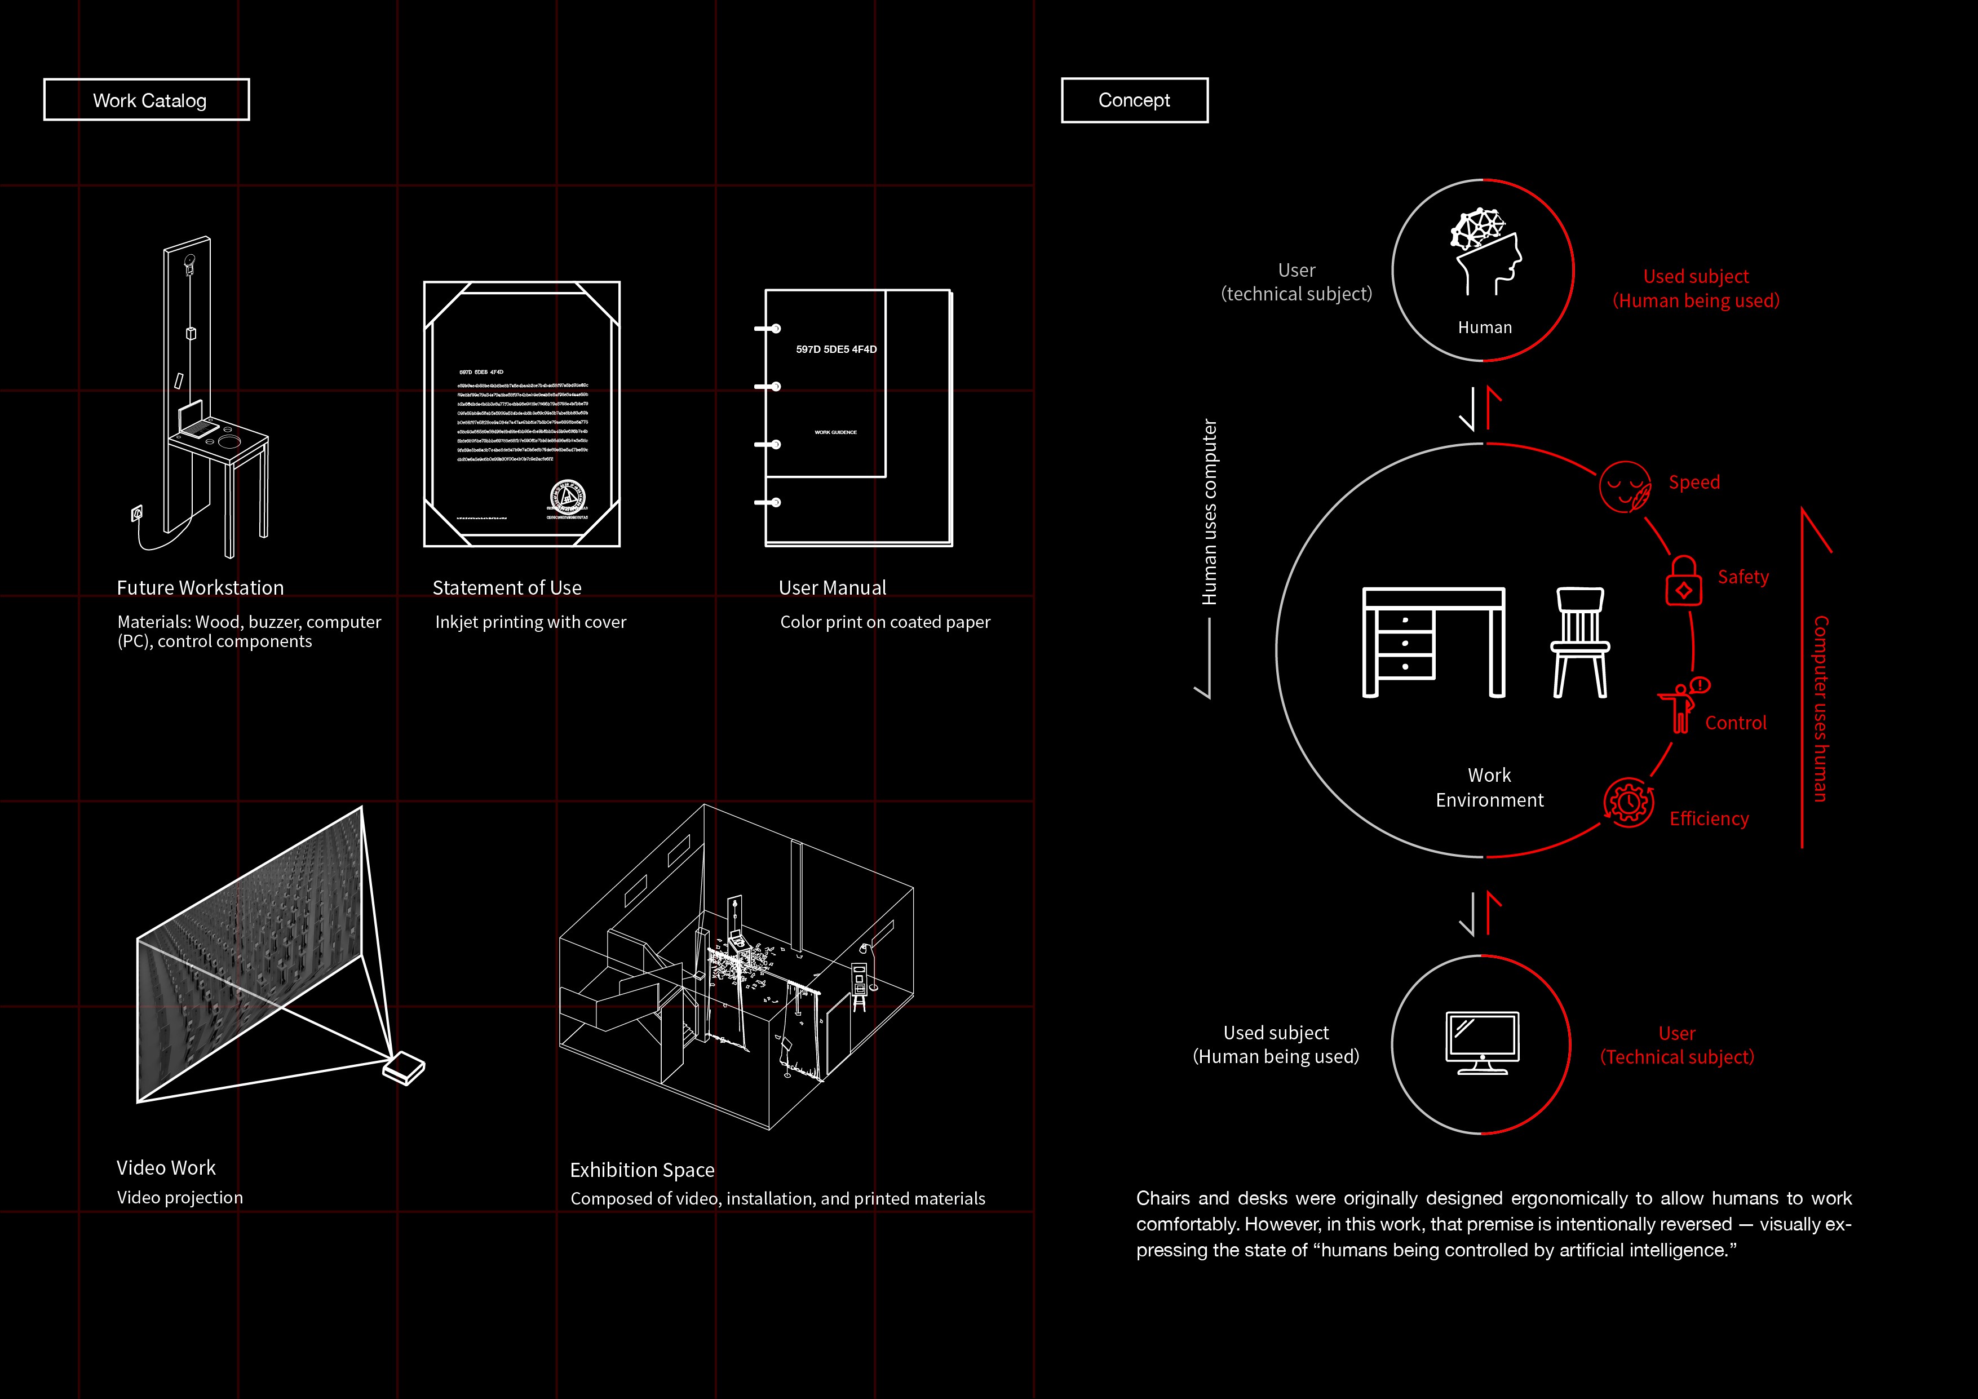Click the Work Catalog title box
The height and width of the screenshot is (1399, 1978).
coord(147,100)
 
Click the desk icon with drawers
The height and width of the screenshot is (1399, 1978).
coord(1433,642)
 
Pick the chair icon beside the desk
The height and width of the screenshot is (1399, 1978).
coord(1580,642)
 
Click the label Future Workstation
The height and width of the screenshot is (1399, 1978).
coord(200,587)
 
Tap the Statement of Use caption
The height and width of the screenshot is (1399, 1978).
coord(507,587)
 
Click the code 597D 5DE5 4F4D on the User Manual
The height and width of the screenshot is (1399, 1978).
coord(835,349)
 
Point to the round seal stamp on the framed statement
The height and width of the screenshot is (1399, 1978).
coord(567,497)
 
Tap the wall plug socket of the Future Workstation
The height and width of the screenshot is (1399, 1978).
coord(136,514)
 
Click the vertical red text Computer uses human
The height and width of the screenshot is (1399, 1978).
coord(1820,708)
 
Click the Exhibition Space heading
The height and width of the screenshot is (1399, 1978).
coord(642,1170)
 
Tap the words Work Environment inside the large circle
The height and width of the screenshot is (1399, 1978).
coord(1489,787)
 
